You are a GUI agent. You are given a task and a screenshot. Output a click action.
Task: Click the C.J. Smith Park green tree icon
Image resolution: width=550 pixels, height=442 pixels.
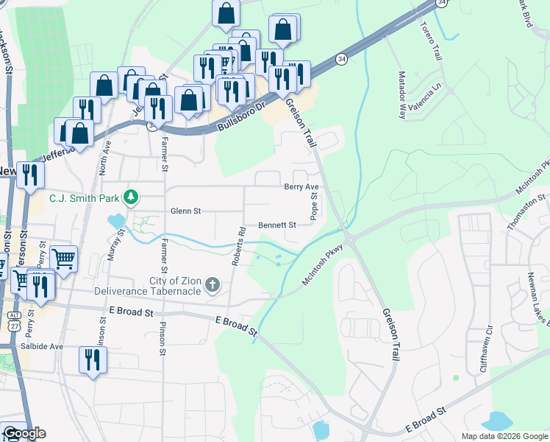point(131,197)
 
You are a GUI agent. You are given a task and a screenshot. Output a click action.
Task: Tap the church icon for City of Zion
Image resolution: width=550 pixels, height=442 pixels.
point(213,284)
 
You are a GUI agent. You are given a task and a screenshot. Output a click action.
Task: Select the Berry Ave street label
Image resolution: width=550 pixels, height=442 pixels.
point(301,187)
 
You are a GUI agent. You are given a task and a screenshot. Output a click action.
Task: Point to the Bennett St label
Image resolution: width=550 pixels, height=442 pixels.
point(276,225)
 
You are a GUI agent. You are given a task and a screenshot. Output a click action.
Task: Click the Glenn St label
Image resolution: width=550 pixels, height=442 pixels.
point(185,211)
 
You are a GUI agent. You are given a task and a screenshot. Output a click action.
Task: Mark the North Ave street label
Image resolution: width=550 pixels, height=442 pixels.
point(104,157)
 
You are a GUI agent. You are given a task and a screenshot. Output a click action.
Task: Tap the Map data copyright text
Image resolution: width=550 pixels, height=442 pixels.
point(504,436)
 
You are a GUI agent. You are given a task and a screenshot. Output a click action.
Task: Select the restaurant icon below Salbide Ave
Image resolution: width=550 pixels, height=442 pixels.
point(93,360)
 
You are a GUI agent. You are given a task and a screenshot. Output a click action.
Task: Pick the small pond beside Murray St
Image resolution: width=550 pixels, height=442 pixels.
point(115,220)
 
